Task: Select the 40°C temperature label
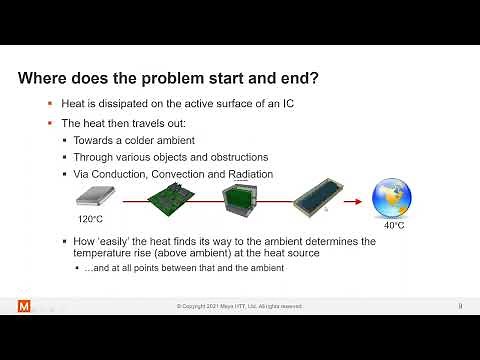(x=393, y=226)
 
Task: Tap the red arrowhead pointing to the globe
(x=357, y=200)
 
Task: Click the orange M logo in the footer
(x=25, y=305)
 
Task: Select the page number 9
(x=459, y=305)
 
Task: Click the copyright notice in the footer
(x=239, y=306)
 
